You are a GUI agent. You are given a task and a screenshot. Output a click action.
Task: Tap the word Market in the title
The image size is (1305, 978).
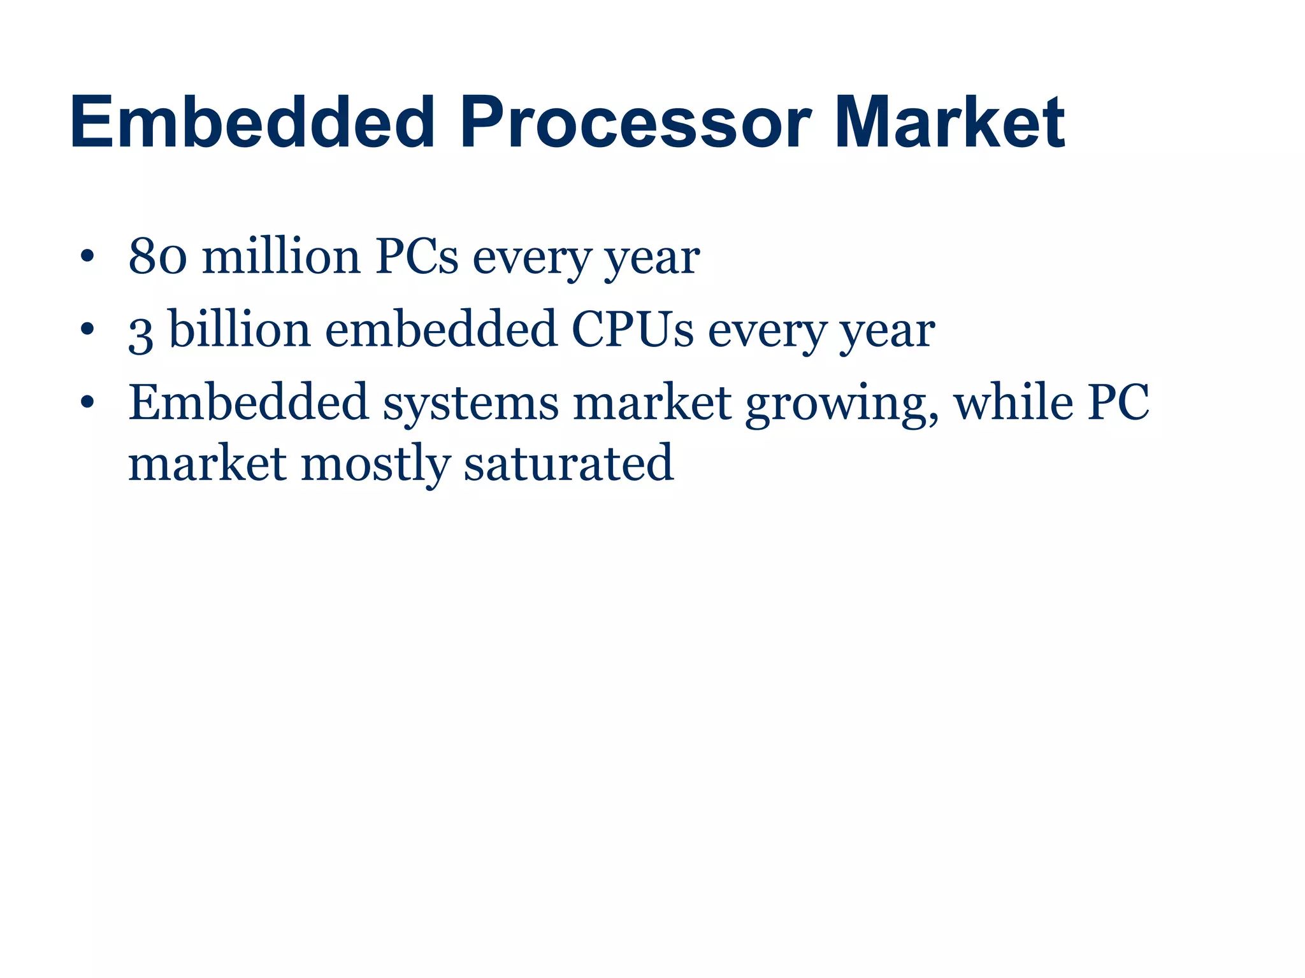click(x=949, y=122)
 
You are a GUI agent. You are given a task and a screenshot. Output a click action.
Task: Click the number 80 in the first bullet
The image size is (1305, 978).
click(x=157, y=257)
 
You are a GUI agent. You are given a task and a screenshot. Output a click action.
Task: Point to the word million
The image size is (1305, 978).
click(x=281, y=257)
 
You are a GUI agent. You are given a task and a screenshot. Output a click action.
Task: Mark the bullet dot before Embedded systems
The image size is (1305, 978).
click(x=87, y=404)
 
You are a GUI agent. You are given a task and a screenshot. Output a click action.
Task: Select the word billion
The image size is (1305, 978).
click(x=240, y=330)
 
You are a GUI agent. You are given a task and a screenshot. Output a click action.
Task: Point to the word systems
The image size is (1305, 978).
click(x=470, y=404)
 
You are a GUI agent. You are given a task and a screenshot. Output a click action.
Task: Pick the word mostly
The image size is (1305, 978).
click(x=375, y=464)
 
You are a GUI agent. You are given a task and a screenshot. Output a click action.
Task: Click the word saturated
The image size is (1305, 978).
click(x=568, y=463)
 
